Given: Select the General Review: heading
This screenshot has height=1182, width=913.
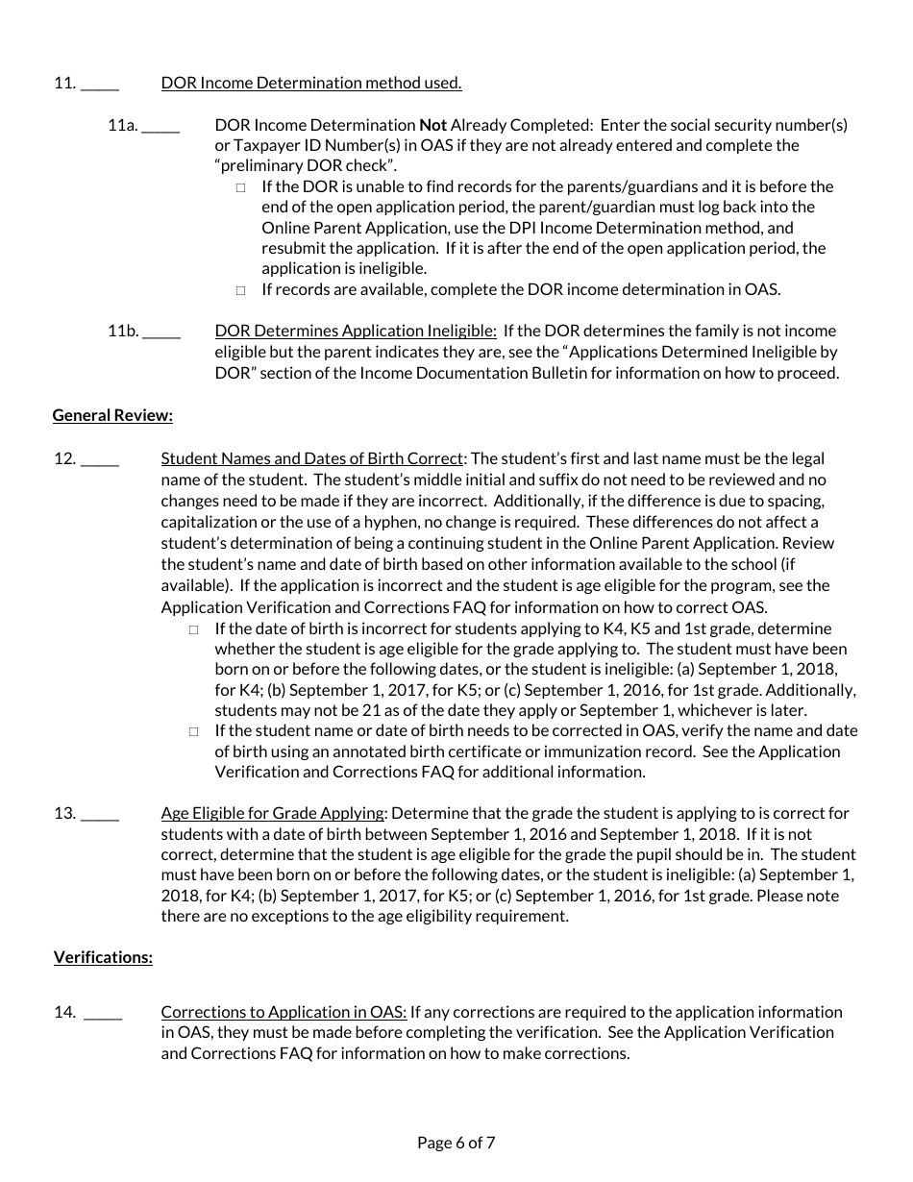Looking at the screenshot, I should pos(112,415).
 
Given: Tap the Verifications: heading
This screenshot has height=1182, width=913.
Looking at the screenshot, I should pos(103,957).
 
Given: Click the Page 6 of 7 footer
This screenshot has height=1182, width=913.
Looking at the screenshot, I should pos(456,1143).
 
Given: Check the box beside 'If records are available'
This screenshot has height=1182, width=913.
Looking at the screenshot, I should pos(240,290).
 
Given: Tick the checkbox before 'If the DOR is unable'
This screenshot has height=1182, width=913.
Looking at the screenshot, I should pos(240,187).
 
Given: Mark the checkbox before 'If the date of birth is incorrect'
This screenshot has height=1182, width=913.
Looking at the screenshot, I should pos(194,629).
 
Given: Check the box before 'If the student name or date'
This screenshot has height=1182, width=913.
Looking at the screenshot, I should pos(194,731).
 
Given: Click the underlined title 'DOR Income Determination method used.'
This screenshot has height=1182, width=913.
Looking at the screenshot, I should pos(311,83).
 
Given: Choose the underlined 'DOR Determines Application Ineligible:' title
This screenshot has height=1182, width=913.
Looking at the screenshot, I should pos(356,331).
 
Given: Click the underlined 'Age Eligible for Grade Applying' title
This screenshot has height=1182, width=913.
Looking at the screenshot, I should pos(273,813).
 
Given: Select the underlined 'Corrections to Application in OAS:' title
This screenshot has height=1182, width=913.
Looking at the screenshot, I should pos(284,1012).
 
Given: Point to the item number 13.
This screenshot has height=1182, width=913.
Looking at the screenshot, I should pos(64,813).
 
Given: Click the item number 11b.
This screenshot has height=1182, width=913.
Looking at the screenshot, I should pos(123,331).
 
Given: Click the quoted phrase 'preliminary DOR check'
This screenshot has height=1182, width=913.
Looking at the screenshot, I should pos(306,166).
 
